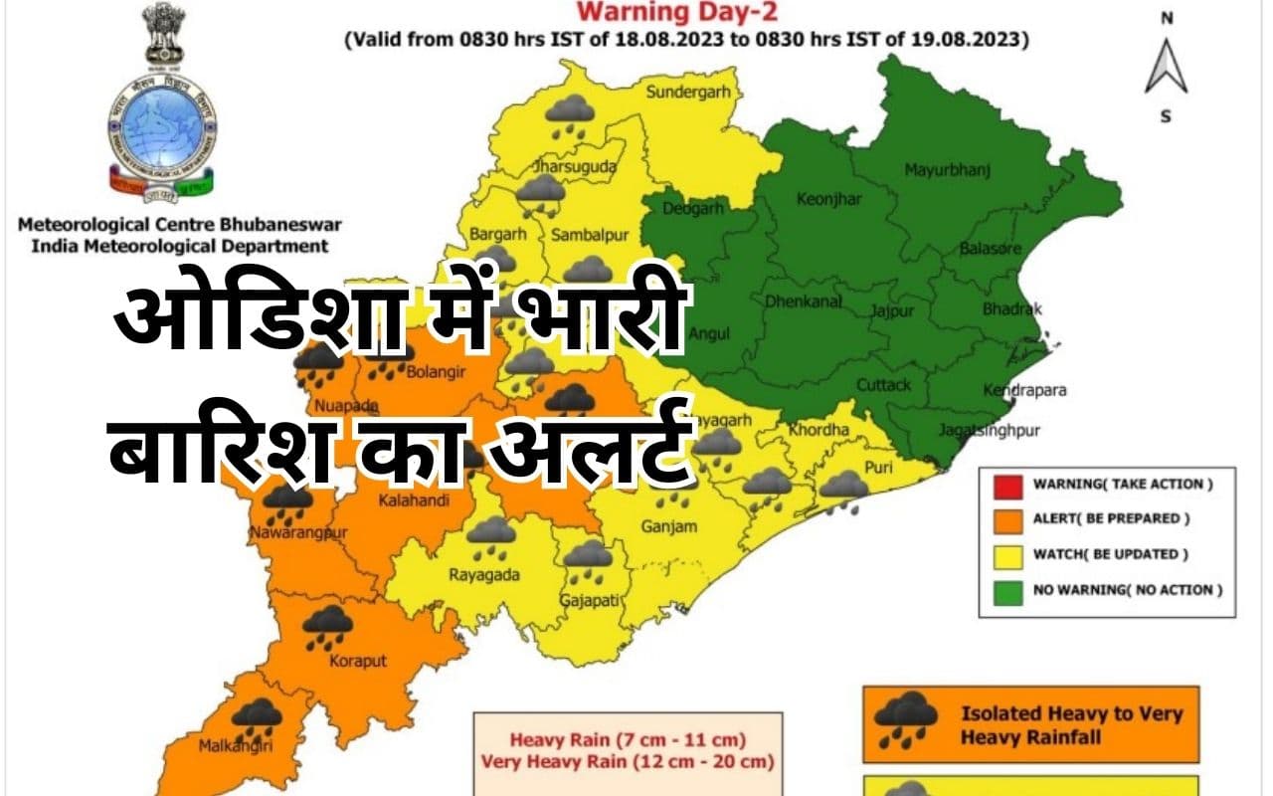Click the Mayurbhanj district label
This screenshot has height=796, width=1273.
point(947,170)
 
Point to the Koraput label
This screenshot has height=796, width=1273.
point(357,661)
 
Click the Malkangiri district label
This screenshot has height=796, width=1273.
point(237,743)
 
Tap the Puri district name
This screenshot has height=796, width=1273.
point(877,467)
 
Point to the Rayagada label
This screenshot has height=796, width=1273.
point(486,573)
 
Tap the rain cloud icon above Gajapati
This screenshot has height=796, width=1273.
point(589,557)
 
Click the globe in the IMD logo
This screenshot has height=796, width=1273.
point(159,125)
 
